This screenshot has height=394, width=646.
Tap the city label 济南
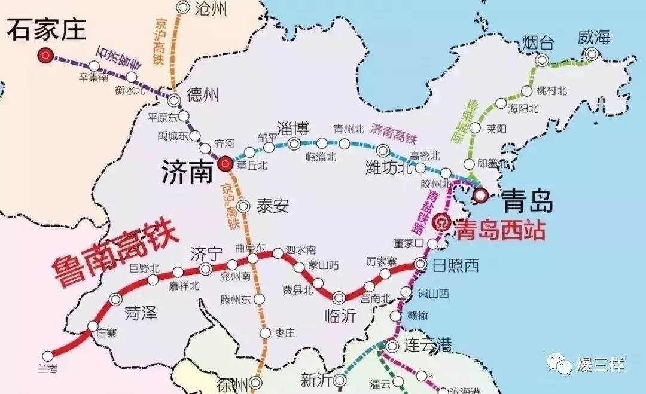(187, 173)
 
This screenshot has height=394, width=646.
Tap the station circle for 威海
(592, 54)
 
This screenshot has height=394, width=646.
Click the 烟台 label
(538, 43)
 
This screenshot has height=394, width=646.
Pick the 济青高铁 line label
(393, 133)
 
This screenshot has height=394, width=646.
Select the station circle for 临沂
(339, 297)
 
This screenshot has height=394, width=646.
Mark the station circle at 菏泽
(116, 299)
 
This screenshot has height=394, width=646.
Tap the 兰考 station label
(47, 369)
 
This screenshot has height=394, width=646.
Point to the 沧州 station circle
(183, 8)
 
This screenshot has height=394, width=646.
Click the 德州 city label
(203, 94)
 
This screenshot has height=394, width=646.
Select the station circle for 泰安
(243, 206)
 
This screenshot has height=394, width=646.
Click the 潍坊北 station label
(389, 168)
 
